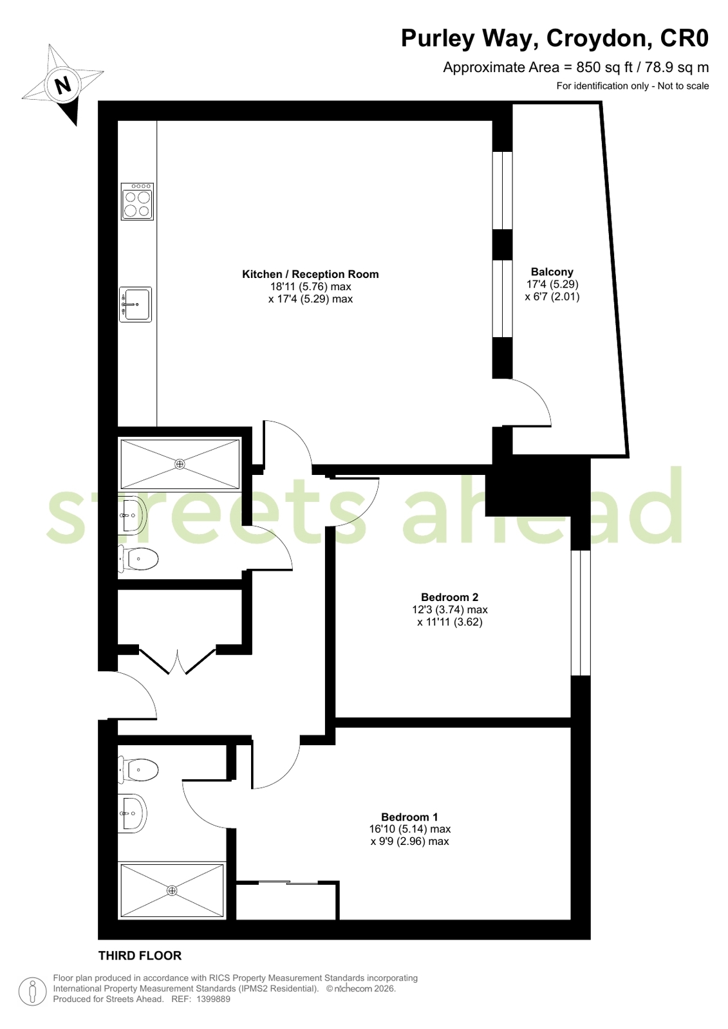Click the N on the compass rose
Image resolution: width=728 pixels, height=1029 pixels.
coord(63,84)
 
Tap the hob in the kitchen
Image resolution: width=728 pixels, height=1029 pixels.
coord(137,201)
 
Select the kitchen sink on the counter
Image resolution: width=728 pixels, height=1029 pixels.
coord(135,304)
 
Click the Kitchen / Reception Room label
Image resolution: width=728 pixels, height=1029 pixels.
coord(310,274)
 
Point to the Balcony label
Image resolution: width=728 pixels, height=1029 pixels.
coord(552,272)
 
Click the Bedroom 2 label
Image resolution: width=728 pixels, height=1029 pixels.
coord(449,597)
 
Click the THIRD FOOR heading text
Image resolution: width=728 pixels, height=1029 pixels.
coord(140,956)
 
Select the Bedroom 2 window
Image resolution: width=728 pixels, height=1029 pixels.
coord(581,613)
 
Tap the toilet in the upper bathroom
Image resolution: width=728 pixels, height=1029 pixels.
coord(138,559)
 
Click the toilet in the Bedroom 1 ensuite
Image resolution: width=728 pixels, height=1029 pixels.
coord(138,770)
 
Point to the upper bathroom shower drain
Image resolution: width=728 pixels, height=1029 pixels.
coord(180,464)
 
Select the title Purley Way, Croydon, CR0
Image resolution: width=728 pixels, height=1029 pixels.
coord(555,38)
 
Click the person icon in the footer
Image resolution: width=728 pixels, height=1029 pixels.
coord(32,990)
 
